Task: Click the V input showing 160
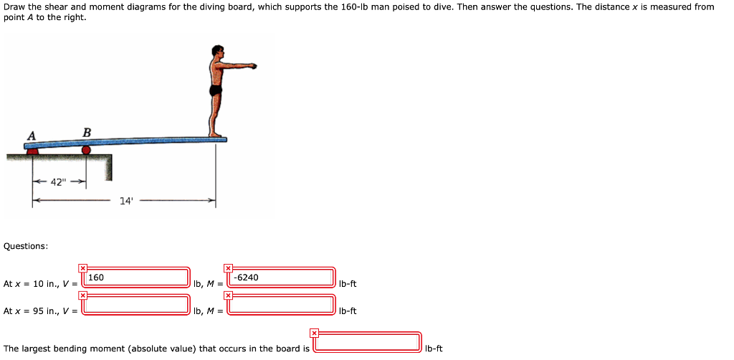(136, 277)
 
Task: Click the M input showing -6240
(281, 277)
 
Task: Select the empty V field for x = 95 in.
(136, 304)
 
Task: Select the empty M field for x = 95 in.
(281, 304)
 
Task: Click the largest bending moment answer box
(367, 342)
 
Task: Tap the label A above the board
(31, 136)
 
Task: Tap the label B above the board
(87, 132)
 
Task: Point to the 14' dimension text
(126, 201)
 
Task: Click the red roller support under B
(86, 150)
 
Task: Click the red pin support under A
(32, 151)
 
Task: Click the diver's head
(216, 52)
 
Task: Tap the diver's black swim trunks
(215, 91)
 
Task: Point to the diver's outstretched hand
(252, 66)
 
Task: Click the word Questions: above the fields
(26, 246)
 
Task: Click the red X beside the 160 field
(83, 267)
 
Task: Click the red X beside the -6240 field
(228, 267)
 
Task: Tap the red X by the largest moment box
(314, 333)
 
